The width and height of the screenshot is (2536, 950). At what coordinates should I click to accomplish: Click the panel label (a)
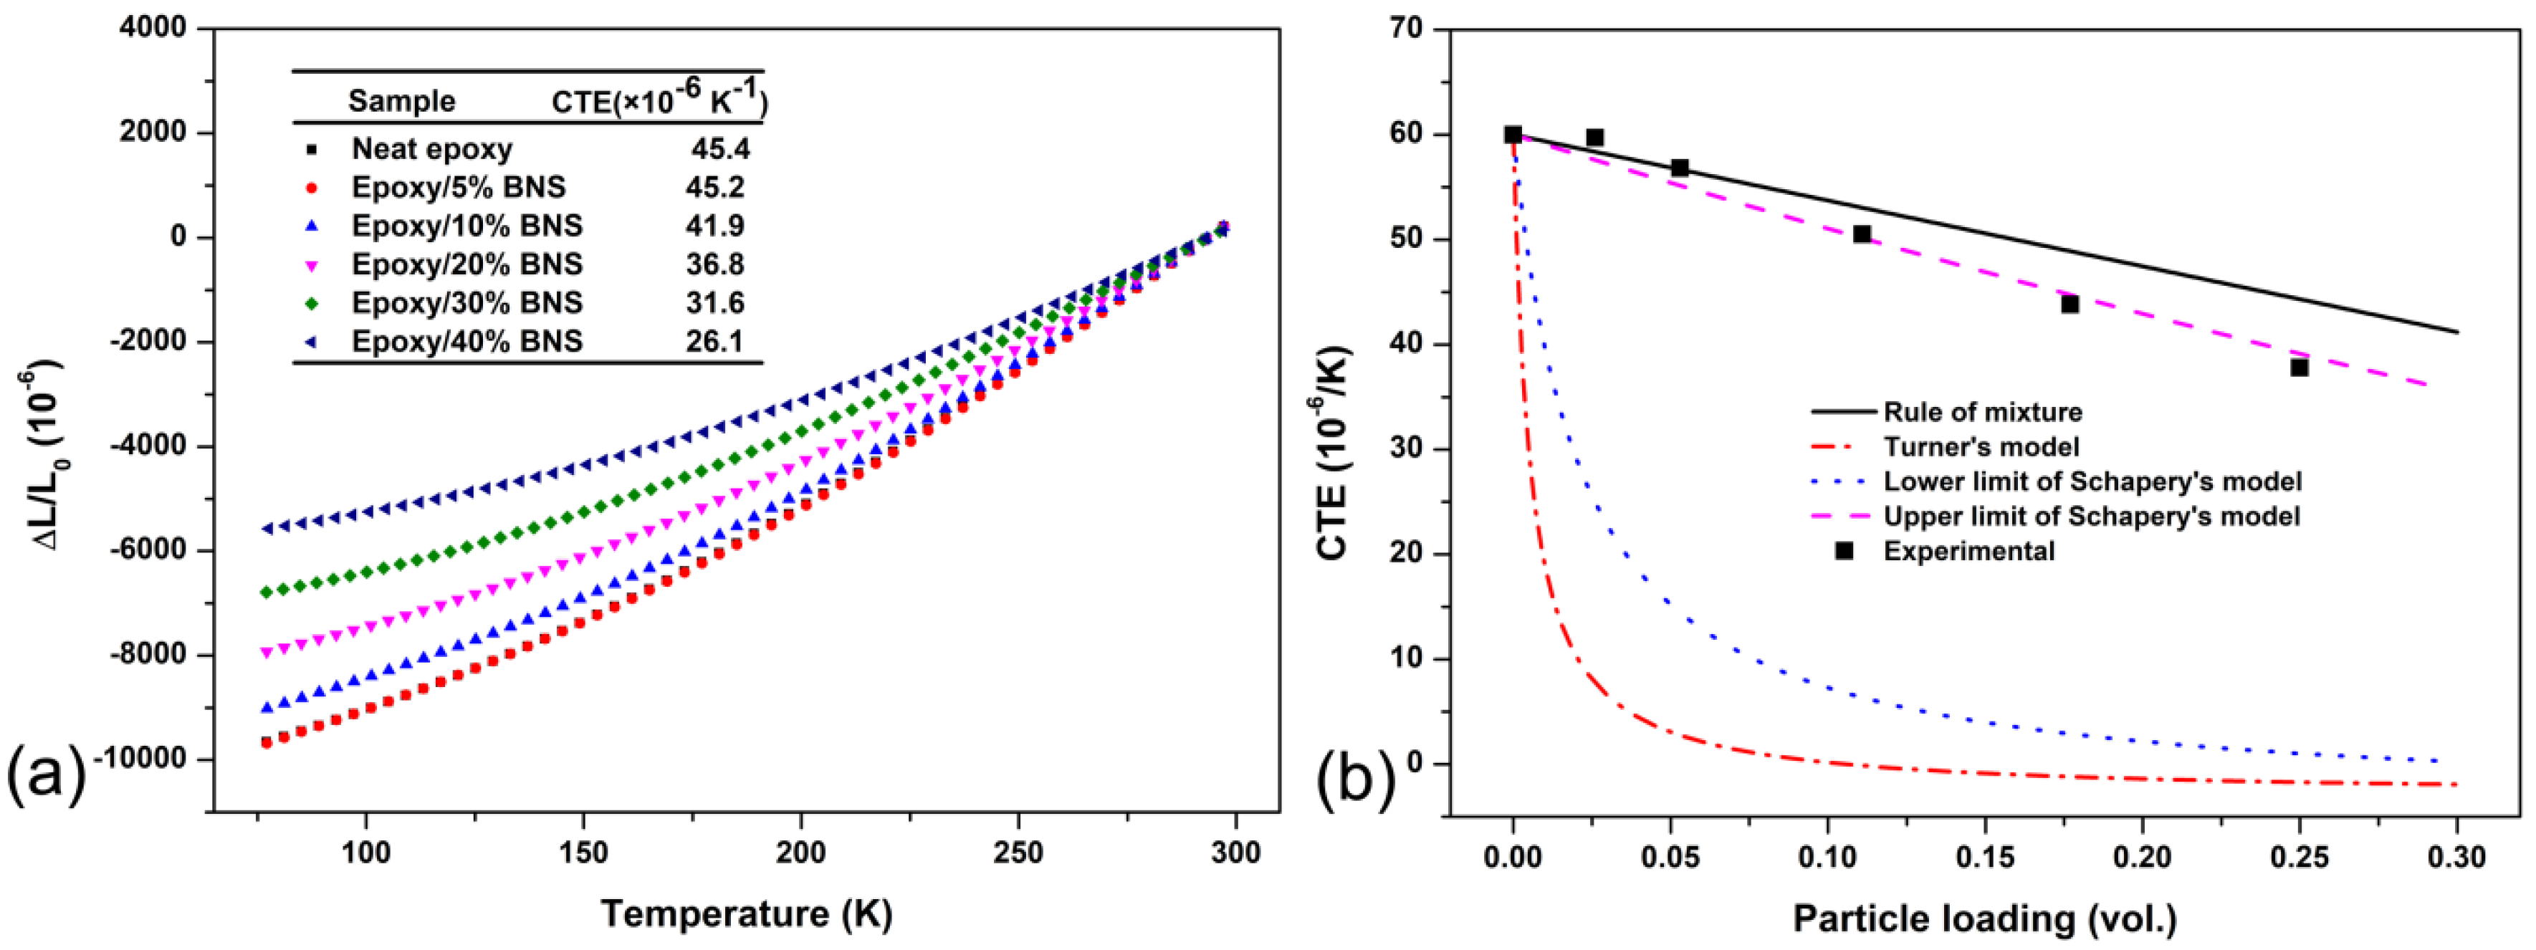[47, 777]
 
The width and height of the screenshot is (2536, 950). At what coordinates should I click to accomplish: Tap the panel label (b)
[1356, 777]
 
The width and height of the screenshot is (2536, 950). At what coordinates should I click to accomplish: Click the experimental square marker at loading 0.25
[2300, 368]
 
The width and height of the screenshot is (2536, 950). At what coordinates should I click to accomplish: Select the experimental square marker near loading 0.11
[1862, 234]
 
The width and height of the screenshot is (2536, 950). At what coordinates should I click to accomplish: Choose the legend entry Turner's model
[1981, 447]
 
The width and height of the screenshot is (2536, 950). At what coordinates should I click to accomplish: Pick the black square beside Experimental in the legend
[1844, 551]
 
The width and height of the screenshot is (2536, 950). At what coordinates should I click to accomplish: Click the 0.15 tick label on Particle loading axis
[1985, 856]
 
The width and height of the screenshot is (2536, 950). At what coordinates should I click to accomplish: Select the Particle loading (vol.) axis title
[1985, 918]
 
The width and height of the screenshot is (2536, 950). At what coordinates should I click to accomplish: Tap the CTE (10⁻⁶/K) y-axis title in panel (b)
[1333, 452]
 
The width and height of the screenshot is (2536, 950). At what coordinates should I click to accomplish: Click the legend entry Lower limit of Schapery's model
[2092, 481]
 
